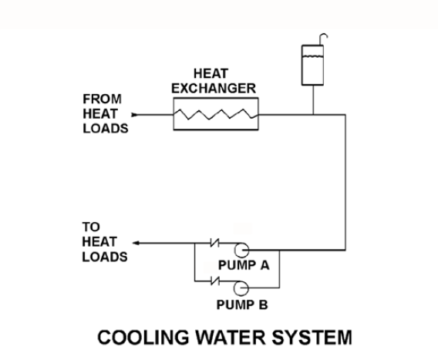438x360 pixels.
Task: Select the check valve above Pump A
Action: pyautogui.click(x=215, y=243)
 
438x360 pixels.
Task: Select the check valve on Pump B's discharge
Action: pyautogui.click(x=215, y=281)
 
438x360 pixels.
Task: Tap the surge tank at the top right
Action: pyautogui.click(x=312, y=65)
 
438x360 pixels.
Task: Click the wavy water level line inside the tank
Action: pyautogui.click(x=312, y=57)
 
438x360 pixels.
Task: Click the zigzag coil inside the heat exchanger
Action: pyautogui.click(x=216, y=115)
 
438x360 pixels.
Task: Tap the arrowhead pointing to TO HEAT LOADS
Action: pyautogui.click(x=136, y=243)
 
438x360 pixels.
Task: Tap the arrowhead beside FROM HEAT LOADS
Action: pyautogui.click(x=135, y=115)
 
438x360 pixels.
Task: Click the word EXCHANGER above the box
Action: pyautogui.click(x=214, y=88)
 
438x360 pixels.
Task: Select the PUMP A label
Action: pyautogui.click(x=244, y=265)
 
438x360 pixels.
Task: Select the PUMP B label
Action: pyautogui.click(x=242, y=304)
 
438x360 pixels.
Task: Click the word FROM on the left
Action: pyautogui.click(x=103, y=99)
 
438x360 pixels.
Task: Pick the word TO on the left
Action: pyautogui.click(x=91, y=227)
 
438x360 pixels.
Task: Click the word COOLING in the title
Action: pyautogui.click(x=143, y=337)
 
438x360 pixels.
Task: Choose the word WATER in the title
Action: pyautogui.click(x=230, y=337)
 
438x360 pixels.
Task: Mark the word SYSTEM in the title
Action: pyautogui.click(x=312, y=337)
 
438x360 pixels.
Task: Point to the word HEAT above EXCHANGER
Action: pyautogui.click(x=211, y=74)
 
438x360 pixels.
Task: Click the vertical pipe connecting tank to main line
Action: pyautogui.click(x=313, y=99)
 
